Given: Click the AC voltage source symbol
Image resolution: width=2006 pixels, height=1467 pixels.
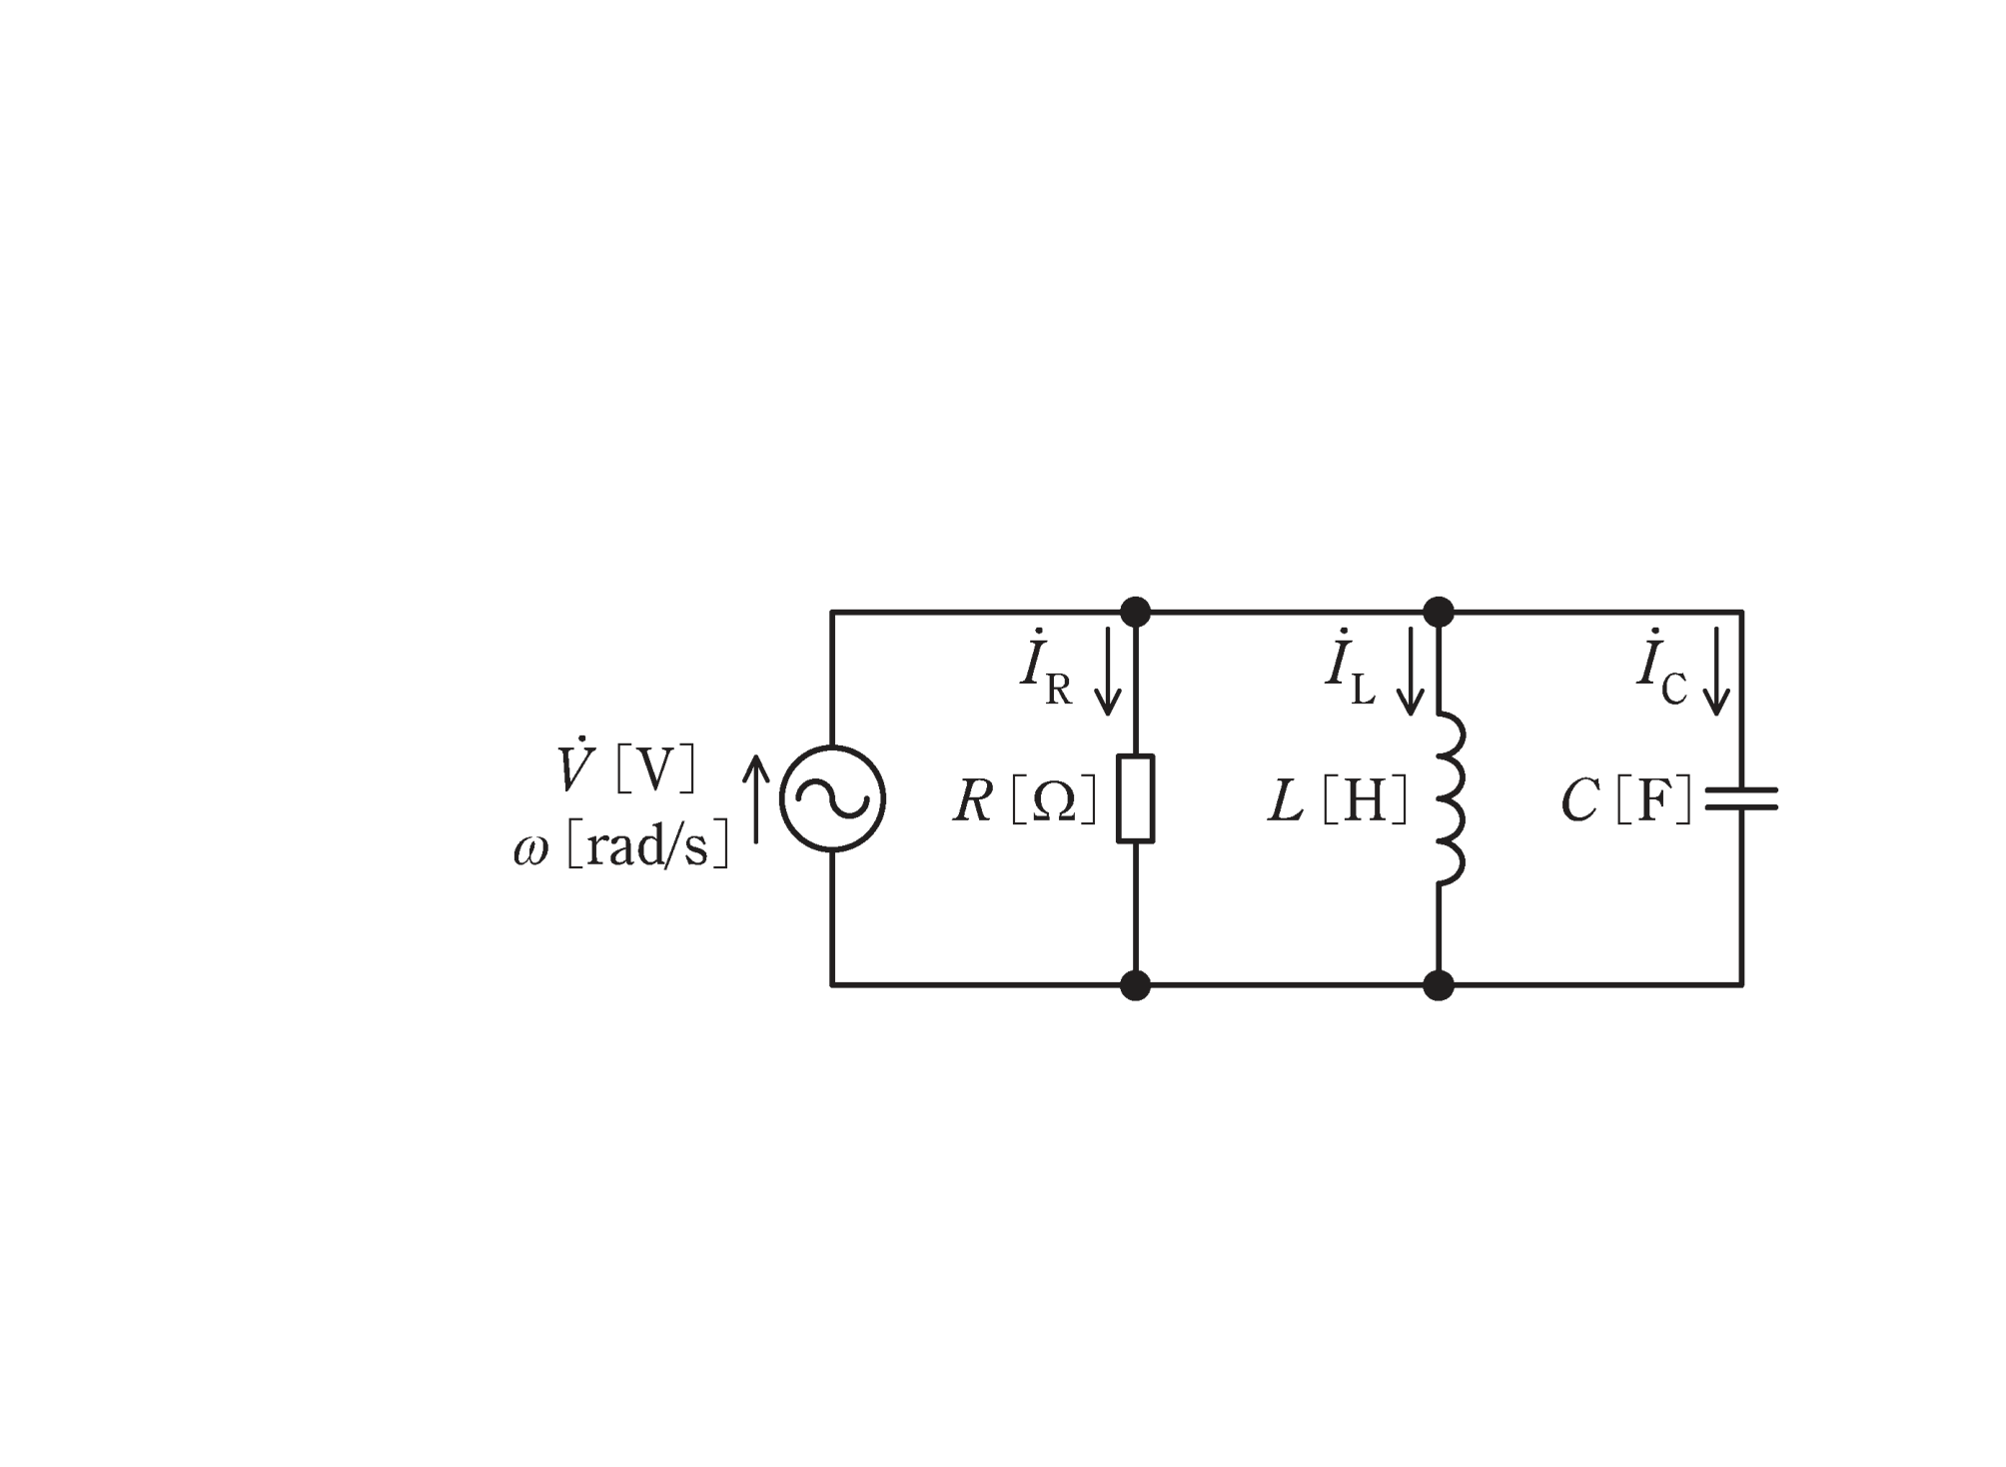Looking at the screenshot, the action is pyautogui.click(x=832, y=798).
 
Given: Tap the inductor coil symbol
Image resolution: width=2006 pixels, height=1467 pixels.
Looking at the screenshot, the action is pyautogui.click(x=1452, y=798).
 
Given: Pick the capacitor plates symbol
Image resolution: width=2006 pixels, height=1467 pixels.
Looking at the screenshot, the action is pyautogui.click(x=1741, y=798).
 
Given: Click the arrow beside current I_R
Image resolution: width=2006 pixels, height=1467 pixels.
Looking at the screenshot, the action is pyautogui.click(x=1107, y=671).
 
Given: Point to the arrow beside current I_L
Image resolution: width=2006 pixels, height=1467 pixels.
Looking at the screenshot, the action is pyautogui.click(x=1410, y=671).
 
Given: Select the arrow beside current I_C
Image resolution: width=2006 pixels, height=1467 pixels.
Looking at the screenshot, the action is pyautogui.click(x=1716, y=671).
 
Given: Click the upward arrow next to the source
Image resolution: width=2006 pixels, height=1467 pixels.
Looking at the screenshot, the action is pyautogui.click(x=756, y=798).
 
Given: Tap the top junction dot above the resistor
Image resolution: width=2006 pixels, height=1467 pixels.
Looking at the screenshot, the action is pyautogui.click(x=1136, y=612).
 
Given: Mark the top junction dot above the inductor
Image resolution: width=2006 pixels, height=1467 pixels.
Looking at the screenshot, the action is pyautogui.click(x=1439, y=612).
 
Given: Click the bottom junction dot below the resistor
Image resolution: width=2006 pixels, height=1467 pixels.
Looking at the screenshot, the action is pyautogui.click(x=1136, y=985).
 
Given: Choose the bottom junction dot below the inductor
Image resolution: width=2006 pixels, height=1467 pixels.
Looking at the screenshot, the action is pyautogui.click(x=1439, y=985).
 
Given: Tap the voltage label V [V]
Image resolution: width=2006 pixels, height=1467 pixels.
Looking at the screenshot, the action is pyautogui.click(x=626, y=766).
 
